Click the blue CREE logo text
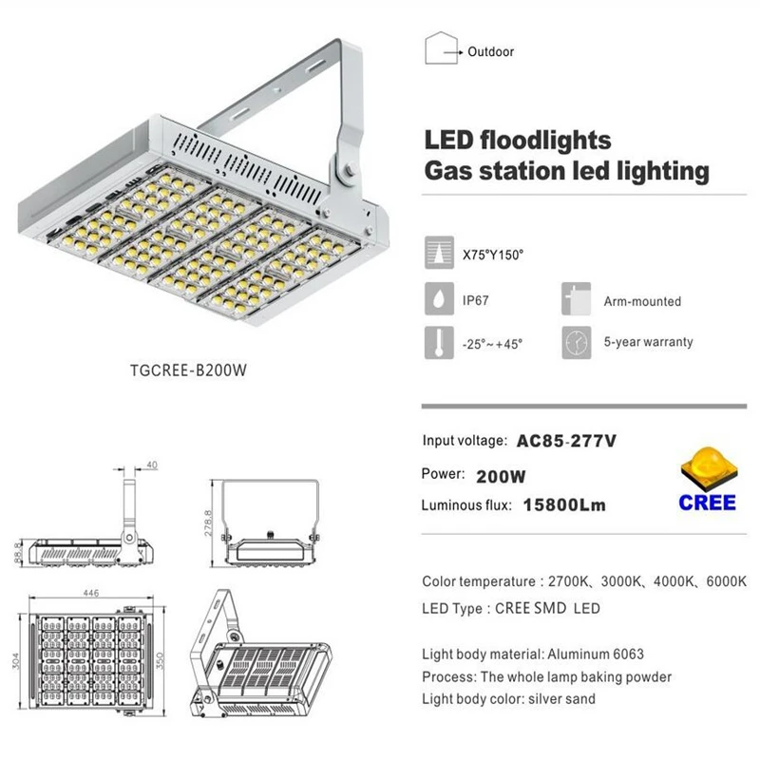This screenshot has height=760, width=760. [707, 503]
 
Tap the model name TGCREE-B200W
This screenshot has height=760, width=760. [188, 370]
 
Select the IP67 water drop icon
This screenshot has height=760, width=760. [439, 298]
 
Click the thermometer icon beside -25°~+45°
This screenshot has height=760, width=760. [439, 343]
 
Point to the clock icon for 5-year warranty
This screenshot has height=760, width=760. [577, 343]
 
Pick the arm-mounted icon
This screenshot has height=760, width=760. [577, 298]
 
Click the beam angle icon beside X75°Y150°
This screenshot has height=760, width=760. [439, 253]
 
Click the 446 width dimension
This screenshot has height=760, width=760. [91, 593]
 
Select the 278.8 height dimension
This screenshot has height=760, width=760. [208, 523]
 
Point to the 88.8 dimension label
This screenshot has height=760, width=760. [18, 553]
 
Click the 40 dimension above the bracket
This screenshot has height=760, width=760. [152, 465]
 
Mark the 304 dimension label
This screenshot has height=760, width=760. [16, 661]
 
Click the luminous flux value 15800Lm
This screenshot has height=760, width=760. [564, 505]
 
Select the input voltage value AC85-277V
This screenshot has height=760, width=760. [566, 441]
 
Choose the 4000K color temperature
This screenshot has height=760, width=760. [674, 581]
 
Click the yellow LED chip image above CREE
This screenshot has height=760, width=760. [709, 468]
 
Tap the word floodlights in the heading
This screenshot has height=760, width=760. [545, 141]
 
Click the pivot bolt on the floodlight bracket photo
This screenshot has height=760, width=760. [350, 170]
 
